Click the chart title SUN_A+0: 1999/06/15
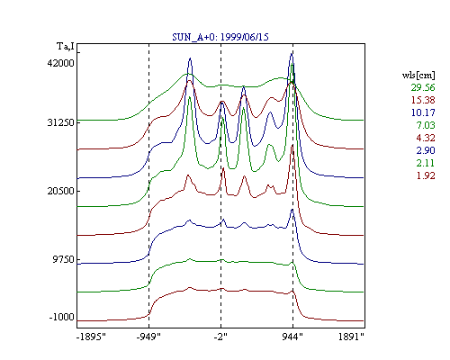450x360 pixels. pos(220,37)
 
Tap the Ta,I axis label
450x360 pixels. pos(66,47)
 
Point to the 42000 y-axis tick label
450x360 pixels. pos(60,63)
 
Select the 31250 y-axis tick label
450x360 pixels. pos(60,122)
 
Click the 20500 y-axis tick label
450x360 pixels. pos(60,191)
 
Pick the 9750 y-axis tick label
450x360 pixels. pos(63,259)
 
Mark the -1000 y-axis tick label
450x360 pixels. pos(61,317)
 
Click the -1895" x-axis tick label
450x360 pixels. pos(91,337)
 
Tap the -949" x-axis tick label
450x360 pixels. pos(148,337)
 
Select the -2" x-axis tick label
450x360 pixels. pos(220,337)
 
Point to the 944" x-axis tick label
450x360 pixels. pos(292,337)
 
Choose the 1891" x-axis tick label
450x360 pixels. pos(351,337)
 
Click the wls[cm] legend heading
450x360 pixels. pos(418,75)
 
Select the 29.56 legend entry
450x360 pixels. pos(423,87)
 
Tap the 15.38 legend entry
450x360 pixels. pos(423,100)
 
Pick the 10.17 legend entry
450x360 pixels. pos(423,112)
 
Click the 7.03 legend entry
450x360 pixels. pos(426,125)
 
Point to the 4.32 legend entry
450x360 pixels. pos(426,138)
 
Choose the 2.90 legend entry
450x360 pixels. pos(426,150)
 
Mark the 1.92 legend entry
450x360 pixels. pos(426,175)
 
